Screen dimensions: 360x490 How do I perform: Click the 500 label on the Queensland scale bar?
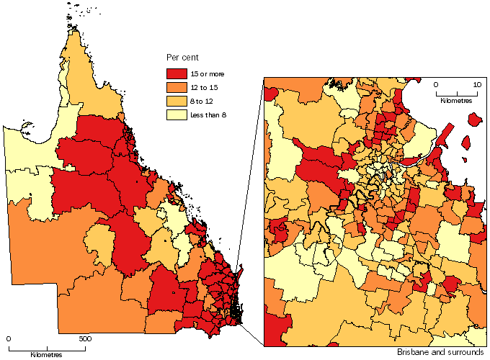84,338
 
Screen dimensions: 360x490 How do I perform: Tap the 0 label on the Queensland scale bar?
9,338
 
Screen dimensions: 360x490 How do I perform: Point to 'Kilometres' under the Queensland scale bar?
46,354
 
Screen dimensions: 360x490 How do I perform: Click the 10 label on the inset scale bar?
476,85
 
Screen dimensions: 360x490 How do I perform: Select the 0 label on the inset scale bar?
436,85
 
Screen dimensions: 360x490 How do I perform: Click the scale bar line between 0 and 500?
46,347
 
